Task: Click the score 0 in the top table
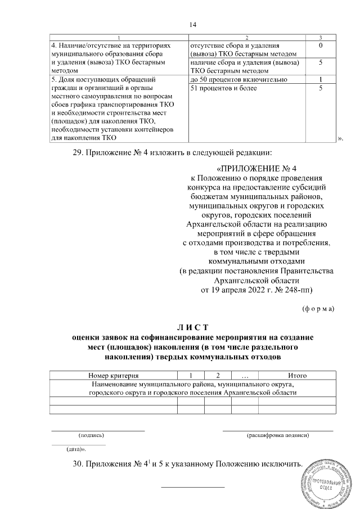tap(320, 44)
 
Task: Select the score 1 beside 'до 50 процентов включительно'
tap(320, 79)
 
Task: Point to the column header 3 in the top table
tap(320, 37)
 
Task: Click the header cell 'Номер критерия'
tap(114, 375)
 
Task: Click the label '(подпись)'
tap(91, 435)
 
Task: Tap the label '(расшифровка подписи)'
tap(278, 435)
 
